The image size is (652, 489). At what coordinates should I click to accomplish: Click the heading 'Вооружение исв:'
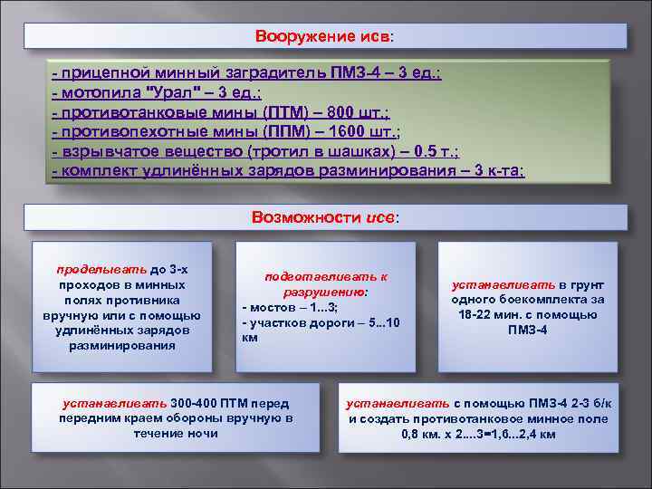[325, 36]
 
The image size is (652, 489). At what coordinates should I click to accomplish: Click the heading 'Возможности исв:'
[324, 217]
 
